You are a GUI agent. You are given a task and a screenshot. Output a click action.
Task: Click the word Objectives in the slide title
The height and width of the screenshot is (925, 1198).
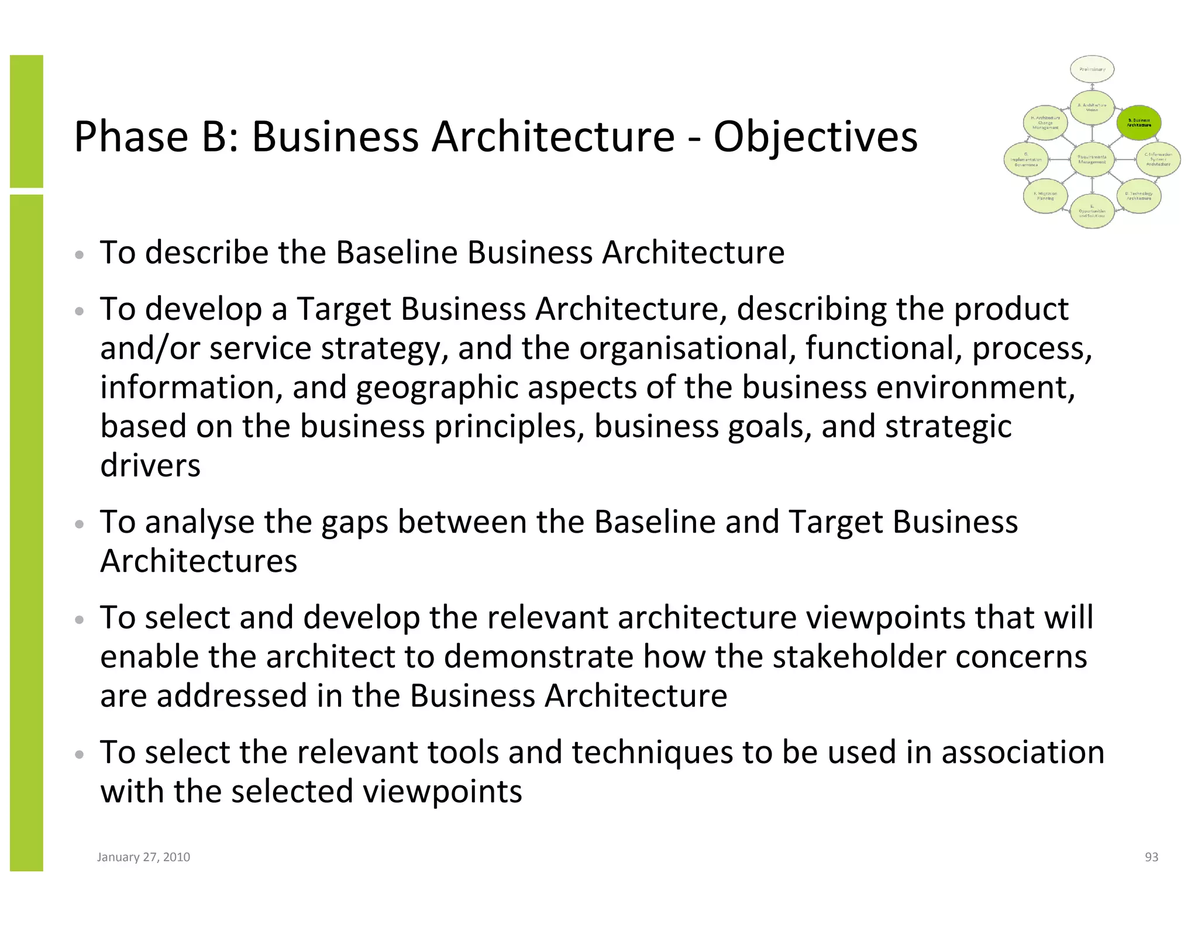[815, 137]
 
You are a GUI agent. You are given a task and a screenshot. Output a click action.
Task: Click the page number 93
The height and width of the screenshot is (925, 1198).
[1151, 857]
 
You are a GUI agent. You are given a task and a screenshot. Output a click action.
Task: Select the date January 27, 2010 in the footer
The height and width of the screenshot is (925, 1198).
[143, 857]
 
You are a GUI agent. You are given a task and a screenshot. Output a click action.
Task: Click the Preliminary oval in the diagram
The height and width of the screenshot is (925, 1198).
[1092, 70]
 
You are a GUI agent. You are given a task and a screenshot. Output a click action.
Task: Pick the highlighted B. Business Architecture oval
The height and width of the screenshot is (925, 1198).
[1139, 123]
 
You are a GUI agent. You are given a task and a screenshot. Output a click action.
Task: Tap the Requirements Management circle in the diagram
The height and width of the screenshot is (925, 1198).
[1092, 159]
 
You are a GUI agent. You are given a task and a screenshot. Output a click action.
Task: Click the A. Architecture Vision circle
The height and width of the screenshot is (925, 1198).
[1092, 108]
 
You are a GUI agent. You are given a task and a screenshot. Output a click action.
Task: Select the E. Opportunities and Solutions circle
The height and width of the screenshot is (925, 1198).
[1092, 211]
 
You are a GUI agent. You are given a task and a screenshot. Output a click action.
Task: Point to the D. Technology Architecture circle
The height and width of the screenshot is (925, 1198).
[1139, 196]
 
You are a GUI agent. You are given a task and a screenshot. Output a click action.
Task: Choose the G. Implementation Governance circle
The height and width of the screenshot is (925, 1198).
[1026, 160]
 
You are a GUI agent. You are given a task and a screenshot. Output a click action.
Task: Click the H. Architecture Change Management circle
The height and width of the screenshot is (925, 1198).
[1045, 123]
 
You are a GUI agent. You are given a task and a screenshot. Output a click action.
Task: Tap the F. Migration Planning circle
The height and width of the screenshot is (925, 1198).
[1045, 196]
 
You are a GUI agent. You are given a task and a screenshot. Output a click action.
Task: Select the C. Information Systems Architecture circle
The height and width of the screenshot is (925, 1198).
[1158, 160]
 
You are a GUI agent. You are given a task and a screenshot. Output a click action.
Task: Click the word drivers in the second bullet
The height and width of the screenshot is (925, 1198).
[150, 465]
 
